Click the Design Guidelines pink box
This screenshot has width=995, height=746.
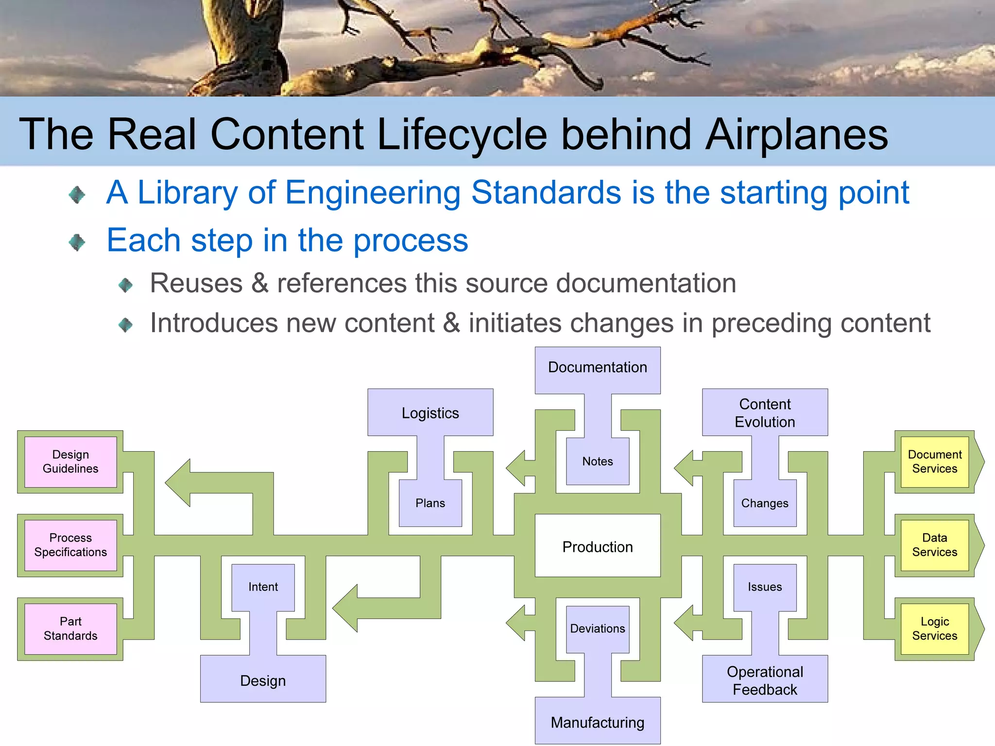tap(70, 461)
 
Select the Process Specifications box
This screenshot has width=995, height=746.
tap(70, 545)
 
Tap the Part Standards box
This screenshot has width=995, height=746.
tap(70, 628)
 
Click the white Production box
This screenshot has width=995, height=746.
tap(598, 546)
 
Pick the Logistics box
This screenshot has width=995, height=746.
tap(430, 412)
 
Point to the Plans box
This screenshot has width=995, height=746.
tap(430, 503)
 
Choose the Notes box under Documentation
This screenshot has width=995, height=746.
tap(598, 461)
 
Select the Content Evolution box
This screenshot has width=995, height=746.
tap(765, 412)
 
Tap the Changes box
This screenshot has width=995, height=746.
tap(765, 503)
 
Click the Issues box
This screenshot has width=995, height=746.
tap(765, 587)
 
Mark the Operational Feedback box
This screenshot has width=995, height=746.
tap(765, 679)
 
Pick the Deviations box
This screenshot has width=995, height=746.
tap(598, 628)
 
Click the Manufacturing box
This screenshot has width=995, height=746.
tap(598, 722)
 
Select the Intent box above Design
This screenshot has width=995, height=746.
tap(263, 587)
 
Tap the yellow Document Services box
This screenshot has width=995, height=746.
tap(934, 461)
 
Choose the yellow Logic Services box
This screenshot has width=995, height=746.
tap(934, 628)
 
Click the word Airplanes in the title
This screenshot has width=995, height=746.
tap(796, 135)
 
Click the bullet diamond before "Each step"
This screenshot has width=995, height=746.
tap(77, 242)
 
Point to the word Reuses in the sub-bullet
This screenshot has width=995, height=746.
tap(196, 283)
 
